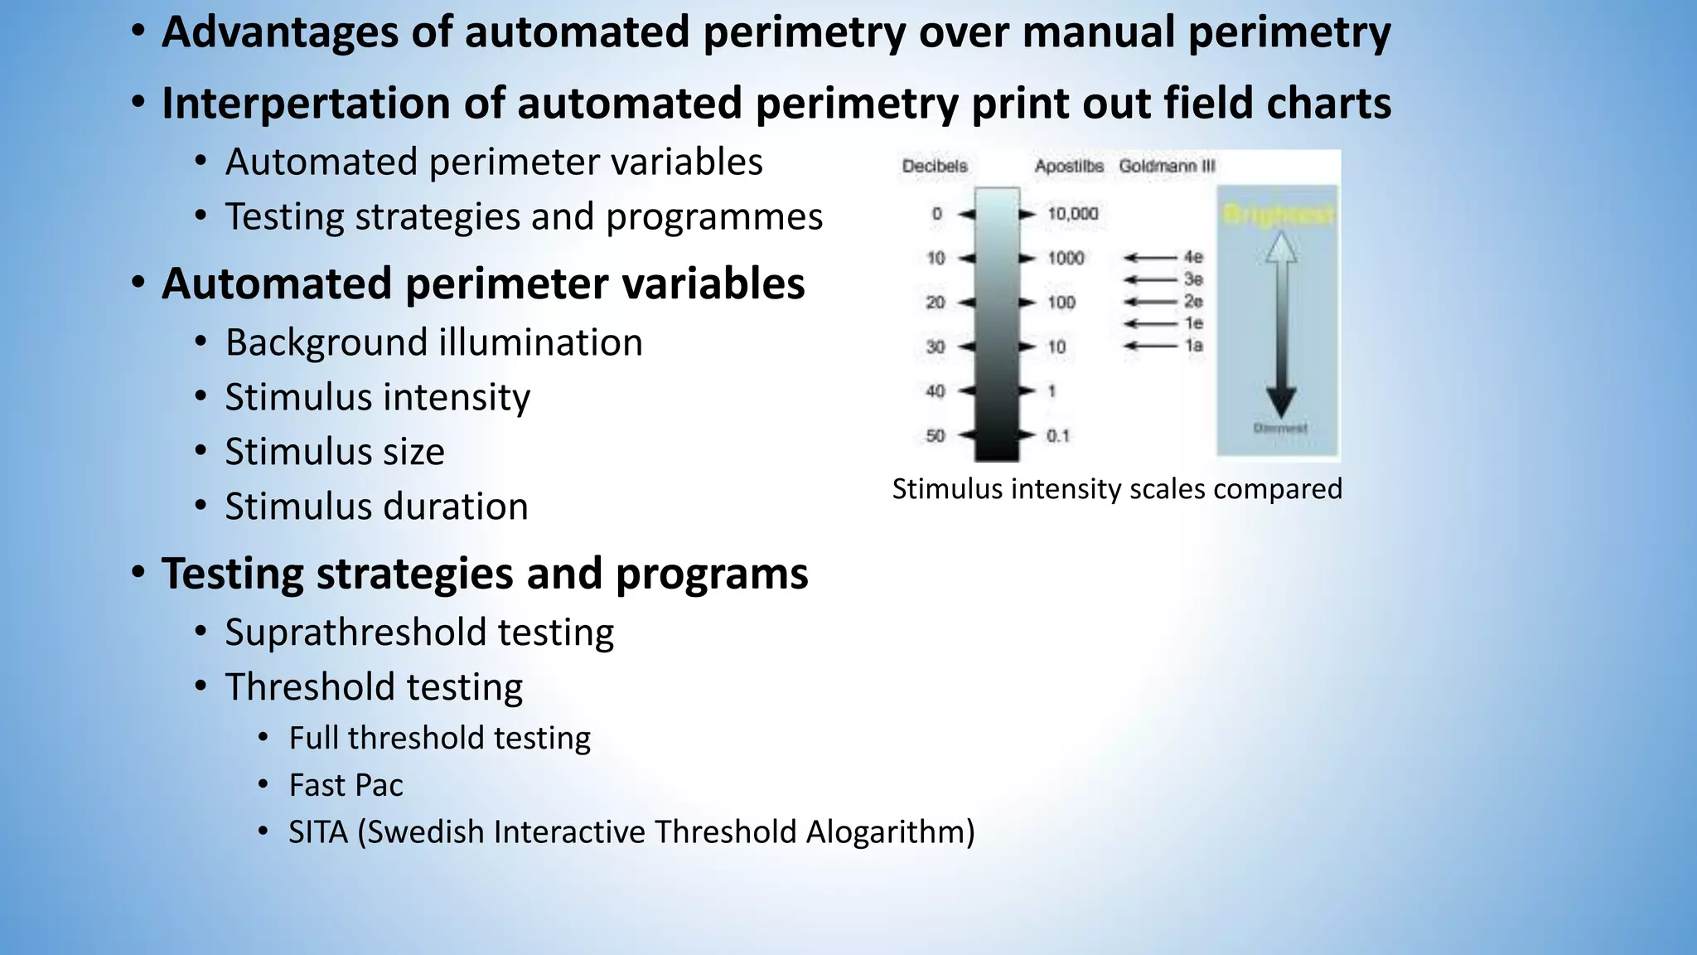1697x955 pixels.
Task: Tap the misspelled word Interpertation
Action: (x=305, y=104)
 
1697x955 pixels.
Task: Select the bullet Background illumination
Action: (x=433, y=343)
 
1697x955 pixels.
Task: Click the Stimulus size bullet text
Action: (x=335, y=453)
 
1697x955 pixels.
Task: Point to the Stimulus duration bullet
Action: (x=376, y=507)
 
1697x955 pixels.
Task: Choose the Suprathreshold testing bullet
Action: (x=419, y=633)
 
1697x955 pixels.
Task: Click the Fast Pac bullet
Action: (x=346, y=786)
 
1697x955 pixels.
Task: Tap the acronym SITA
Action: (x=318, y=832)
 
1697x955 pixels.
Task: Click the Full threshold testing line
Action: (x=439, y=739)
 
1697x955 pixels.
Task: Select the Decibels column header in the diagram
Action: (x=935, y=167)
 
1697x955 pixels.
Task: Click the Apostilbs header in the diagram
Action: (x=1069, y=167)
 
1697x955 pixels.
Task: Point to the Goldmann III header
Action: (x=1167, y=167)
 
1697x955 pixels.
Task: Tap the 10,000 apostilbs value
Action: (x=1073, y=214)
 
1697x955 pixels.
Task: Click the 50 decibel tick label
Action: (x=936, y=435)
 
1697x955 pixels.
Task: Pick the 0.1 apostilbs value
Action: (x=1058, y=436)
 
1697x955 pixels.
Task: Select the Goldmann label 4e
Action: (x=1193, y=258)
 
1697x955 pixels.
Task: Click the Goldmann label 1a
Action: (x=1193, y=346)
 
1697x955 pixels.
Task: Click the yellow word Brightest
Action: (x=1279, y=215)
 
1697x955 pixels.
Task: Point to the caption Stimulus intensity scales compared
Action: (x=1117, y=489)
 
